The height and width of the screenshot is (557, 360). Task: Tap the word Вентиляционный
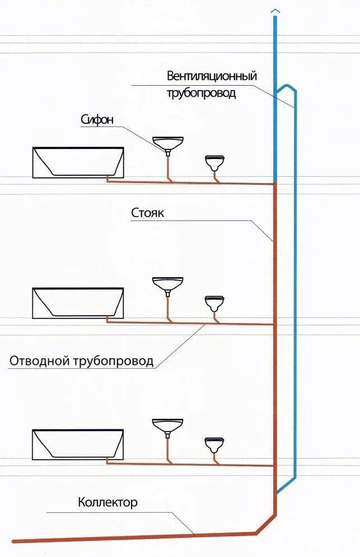pos(211,76)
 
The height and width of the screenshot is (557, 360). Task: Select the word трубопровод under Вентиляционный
pos(201,93)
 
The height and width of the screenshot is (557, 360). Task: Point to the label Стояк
pos(148,213)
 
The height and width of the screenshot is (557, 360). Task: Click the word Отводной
pos(39,361)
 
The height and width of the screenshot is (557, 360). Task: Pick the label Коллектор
pos(107,502)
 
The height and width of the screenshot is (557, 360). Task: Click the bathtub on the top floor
pos(78,163)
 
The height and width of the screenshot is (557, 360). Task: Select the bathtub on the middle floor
pos(78,303)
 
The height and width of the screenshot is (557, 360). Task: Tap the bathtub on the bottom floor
pos(78,444)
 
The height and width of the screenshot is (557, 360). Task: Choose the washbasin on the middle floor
pos(168,283)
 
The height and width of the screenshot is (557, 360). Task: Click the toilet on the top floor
pos(214,163)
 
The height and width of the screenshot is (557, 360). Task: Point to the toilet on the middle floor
pos(214,303)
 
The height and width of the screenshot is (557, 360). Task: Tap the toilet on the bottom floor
pos(214,445)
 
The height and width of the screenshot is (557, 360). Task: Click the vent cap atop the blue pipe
pos(275,11)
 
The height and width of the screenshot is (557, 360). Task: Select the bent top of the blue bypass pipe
pos(287,87)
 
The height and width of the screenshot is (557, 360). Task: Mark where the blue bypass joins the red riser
pos(277,493)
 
